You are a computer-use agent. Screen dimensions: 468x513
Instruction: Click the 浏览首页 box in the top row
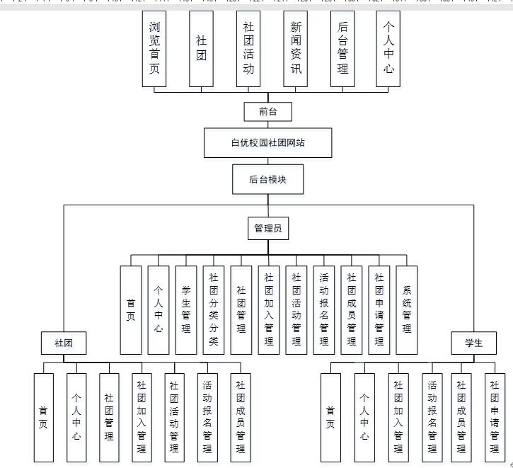(x=154, y=48)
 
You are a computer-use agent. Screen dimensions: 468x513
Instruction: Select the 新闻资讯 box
(x=296, y=48)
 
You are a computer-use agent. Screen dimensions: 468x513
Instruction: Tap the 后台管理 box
(x=342, y=48)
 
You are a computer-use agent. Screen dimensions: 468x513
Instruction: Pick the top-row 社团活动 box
(x=248, y=48)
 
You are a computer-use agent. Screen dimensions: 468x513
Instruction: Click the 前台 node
(x=267, y=111)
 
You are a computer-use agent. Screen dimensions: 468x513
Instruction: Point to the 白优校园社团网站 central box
(x=267, y=142)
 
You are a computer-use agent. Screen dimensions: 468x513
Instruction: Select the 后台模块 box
(x=267, y=179)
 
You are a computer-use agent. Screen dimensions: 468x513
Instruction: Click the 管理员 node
(x=268, y=228)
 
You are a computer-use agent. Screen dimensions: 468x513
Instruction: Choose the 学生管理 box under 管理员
(x=185, y=310)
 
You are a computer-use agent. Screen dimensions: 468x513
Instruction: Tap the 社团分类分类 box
(x=213, y=310)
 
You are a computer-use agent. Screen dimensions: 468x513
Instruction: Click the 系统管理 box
(x=407, y=310)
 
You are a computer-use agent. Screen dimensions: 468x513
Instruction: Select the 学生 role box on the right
(x=473, y=343)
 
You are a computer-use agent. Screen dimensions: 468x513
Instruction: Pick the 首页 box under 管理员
(x=130, y=310)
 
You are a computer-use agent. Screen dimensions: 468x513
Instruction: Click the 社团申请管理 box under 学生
(x=495, y=417)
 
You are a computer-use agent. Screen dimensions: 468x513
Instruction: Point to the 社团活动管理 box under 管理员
(x=296, y=310)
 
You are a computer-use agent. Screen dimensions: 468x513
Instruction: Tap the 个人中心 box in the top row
(x=388, y=48)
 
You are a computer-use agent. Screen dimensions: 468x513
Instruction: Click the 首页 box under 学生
(x=330, y=417)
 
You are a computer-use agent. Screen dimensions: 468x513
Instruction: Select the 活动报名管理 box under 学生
(x=432, y=417)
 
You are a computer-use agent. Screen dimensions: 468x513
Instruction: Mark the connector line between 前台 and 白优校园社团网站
(x=267, y=125)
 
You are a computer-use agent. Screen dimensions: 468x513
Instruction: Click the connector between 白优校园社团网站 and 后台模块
(x=267, y=161)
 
